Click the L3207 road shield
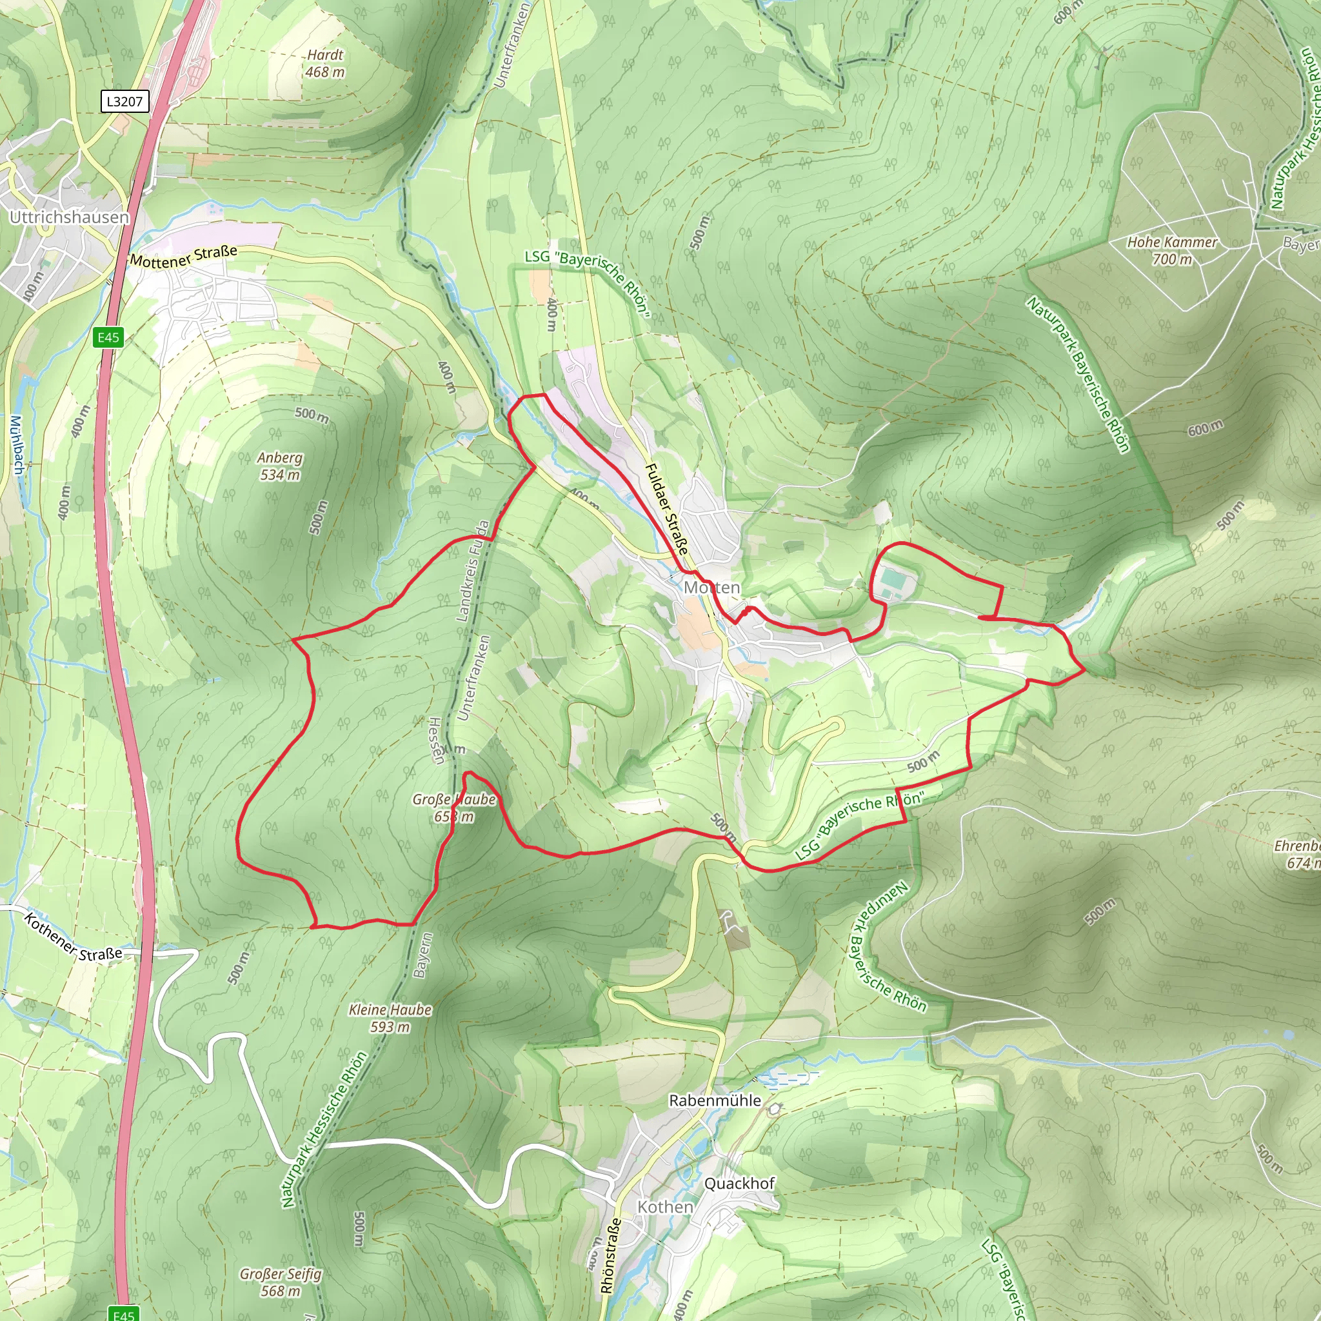click(x=124, y=102)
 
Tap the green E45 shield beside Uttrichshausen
click(x=108, y=337)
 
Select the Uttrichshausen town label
click(x=69, y=217)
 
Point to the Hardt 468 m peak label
click(x=325, y=63)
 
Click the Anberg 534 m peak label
click(x=280, y=466)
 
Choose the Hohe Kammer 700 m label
click(x=1172, y=250)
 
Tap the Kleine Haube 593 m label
click(x=390, y=1017)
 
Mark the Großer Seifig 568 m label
click(x=281, y=1282)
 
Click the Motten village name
click(x=712, y=588)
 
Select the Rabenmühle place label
click(x=715, y=1100)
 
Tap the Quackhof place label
click(x=739, y=1183)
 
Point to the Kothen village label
click(x=664, y=1207)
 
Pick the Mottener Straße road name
click(x=183, y=257)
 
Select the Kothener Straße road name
click(x=73, y=937)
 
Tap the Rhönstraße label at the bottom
click(x=611, y=1255)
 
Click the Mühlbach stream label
click(x=17, y=444)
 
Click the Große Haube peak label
click(x=454, y=808)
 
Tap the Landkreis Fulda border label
click(x=473, y=571)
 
